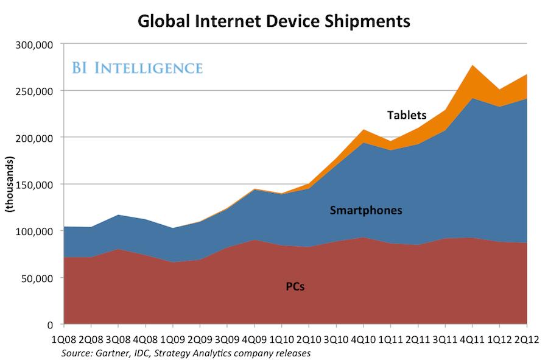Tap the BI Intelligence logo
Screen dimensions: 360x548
pyautogui.click(x=138, y=68)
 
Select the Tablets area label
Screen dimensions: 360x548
pyautogui.click(x=407, y=115)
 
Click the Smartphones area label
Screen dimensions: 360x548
pyautogui.click(x=366, y=211)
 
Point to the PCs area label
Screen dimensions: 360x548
pyautogui.click(x=295, y=286)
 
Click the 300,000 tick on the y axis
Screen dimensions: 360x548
pyautogui.click(x=38, y=44)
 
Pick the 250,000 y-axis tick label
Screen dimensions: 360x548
pyautogui.click(x=38, y=91)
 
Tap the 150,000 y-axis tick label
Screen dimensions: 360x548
pyautogui.click(x=38, y=184)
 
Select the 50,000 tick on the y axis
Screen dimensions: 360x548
pyautogui.click(x=41, y=278)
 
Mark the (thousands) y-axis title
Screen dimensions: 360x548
pyautogui.click(x=10, y=185)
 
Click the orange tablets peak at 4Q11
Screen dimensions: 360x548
pyautogui.click(x=472, y=76)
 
